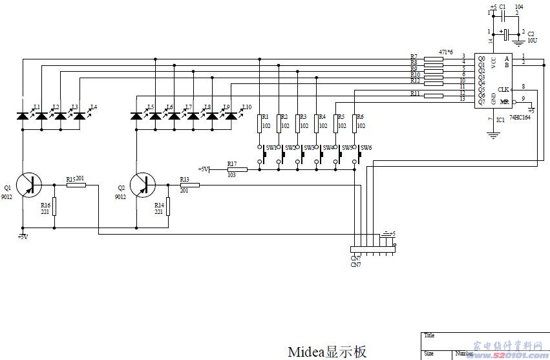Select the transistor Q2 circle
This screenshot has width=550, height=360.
tap(142, 185)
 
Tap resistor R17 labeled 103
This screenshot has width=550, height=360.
tap(237, 169)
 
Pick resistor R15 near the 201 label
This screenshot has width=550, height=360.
tap(76, 185)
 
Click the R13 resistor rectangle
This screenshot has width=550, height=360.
tap(189, 185)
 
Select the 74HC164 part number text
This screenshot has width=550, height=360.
tap(520, 118)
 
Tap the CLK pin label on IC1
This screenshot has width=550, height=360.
tap(503, 89)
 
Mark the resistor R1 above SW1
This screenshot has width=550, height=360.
tap(260, 123)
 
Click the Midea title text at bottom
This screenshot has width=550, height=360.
tap(326, 351)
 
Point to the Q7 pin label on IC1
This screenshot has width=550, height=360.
tap(481, 101)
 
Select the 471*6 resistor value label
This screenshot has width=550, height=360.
tap(445, 51)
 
